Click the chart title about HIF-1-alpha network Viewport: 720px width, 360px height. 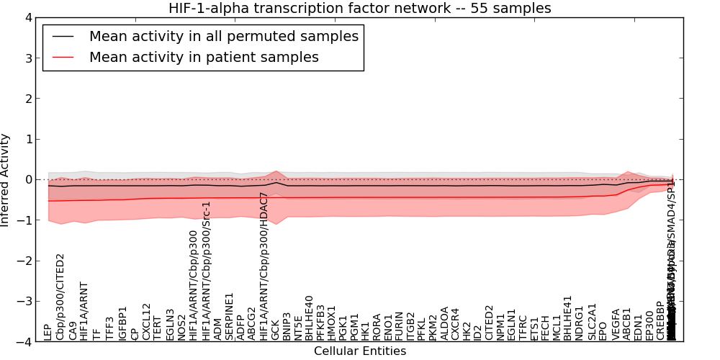tap(360, 9)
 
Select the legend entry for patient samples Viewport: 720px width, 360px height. tap(204, 57)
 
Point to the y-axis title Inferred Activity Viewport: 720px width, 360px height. tap(6, 180)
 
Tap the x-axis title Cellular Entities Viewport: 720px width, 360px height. tap(360, 351)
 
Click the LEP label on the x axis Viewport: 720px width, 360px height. tap(48, 331)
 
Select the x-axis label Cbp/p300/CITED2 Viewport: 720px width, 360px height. tap(60, 296)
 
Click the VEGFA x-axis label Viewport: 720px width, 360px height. tap(616, 324)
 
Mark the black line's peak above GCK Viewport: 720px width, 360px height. tap(276, 182)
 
